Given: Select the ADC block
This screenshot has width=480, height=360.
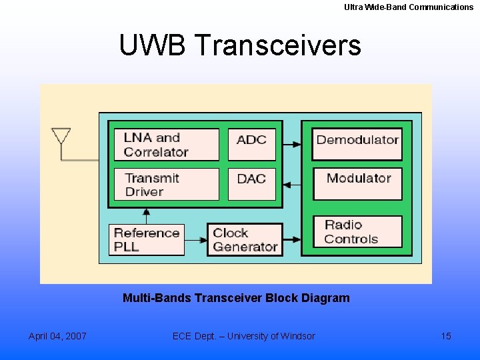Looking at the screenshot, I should (251, 145).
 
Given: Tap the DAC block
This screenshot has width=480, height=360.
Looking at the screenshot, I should (251, 184).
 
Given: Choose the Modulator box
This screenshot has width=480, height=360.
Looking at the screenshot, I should (357, 183).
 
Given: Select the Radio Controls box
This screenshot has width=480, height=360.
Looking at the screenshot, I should (357, 232).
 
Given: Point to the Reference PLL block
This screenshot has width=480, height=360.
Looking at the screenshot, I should (147, 239).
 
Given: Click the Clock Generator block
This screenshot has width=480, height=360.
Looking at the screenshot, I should (245, 239).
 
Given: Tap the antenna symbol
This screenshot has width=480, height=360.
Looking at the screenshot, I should (61, 137).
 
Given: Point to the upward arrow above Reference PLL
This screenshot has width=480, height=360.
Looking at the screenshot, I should (146, 216).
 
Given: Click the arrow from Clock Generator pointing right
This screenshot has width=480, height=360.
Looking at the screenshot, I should (292, 240).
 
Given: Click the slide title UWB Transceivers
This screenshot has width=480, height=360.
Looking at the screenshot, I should (239, 45).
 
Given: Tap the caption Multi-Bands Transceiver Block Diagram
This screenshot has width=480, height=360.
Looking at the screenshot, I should (236, 298).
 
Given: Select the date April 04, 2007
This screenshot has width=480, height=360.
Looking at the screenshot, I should (57, 336).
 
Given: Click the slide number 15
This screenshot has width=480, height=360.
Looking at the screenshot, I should (446, 336).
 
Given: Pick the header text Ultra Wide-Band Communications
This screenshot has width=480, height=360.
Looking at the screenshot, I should (409, 7).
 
